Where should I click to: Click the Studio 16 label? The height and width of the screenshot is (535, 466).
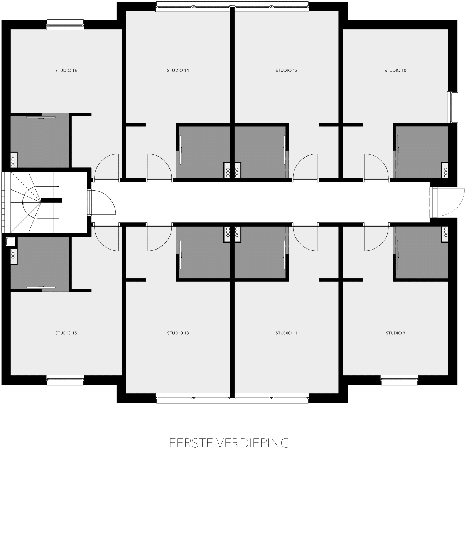pos(66,70)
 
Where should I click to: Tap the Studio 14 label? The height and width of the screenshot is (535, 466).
pos(178,70)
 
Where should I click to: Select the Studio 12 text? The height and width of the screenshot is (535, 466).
pos(286,70)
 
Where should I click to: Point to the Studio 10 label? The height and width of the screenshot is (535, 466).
pos(395,70)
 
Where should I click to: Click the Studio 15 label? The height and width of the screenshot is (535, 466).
pos(66,333)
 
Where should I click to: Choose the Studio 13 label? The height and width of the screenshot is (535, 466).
pos(178,333)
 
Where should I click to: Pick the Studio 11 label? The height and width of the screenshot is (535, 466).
pos(286,333)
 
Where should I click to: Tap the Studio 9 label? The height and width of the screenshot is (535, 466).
pos(395,333)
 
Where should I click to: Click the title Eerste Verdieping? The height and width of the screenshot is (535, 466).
pos(230,443)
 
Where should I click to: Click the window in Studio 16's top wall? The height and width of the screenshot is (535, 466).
pos(65,25)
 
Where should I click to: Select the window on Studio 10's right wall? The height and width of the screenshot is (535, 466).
pos(452,107)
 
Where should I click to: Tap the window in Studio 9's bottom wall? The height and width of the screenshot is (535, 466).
pos(399,380)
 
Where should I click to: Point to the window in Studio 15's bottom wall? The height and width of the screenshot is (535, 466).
pos(65,380)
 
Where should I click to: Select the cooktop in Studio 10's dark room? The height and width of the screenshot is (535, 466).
pos(445,170)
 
